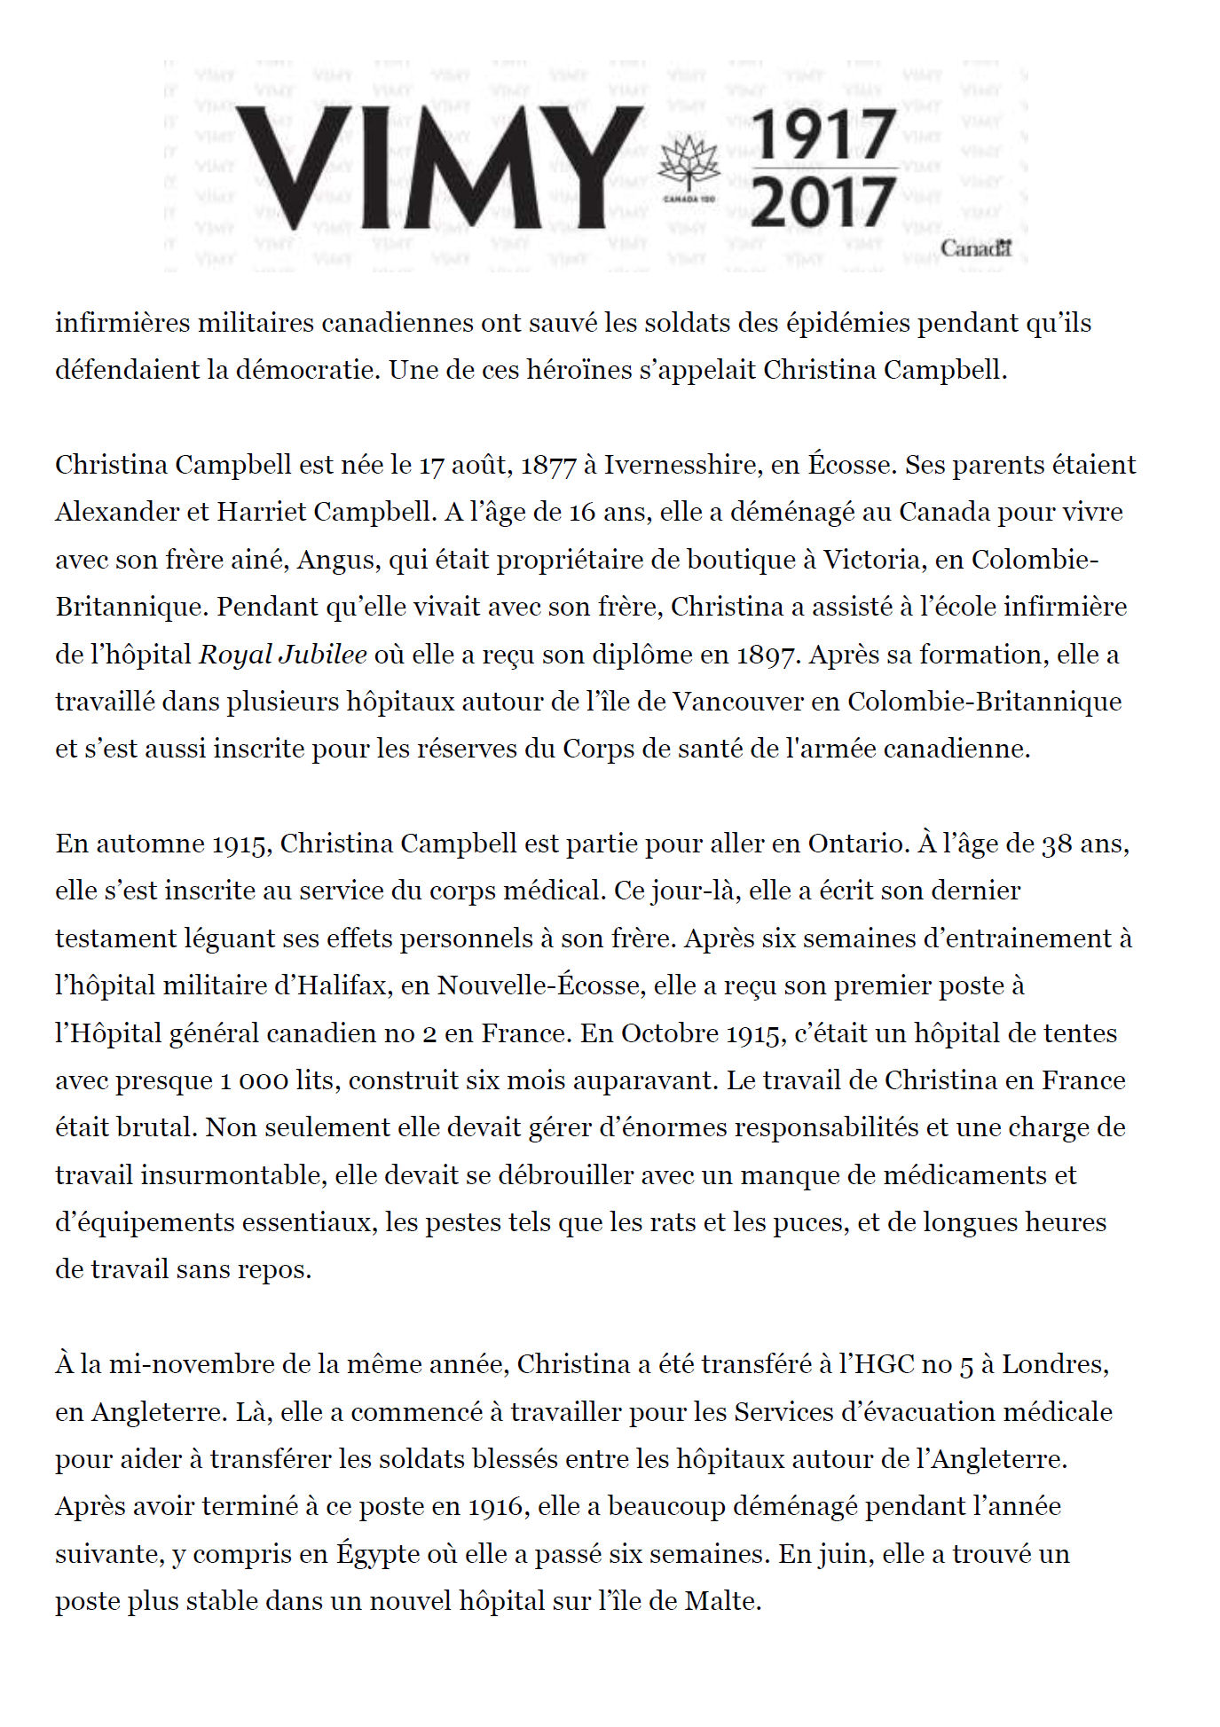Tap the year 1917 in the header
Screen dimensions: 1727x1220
pyautogui.click(x=824, y=136)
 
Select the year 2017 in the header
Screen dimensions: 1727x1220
pyautogui.click(x=824, y=201)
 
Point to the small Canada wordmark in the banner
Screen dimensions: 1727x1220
pyautogui.click(x=976, y=249)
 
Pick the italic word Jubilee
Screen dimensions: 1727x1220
pyautogui.click(x=322, y=655)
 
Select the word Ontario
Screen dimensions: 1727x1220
pyautogui.click(x=858, y=844)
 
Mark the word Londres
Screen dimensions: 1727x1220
pyautogui.click(x=1055, y=1364)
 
